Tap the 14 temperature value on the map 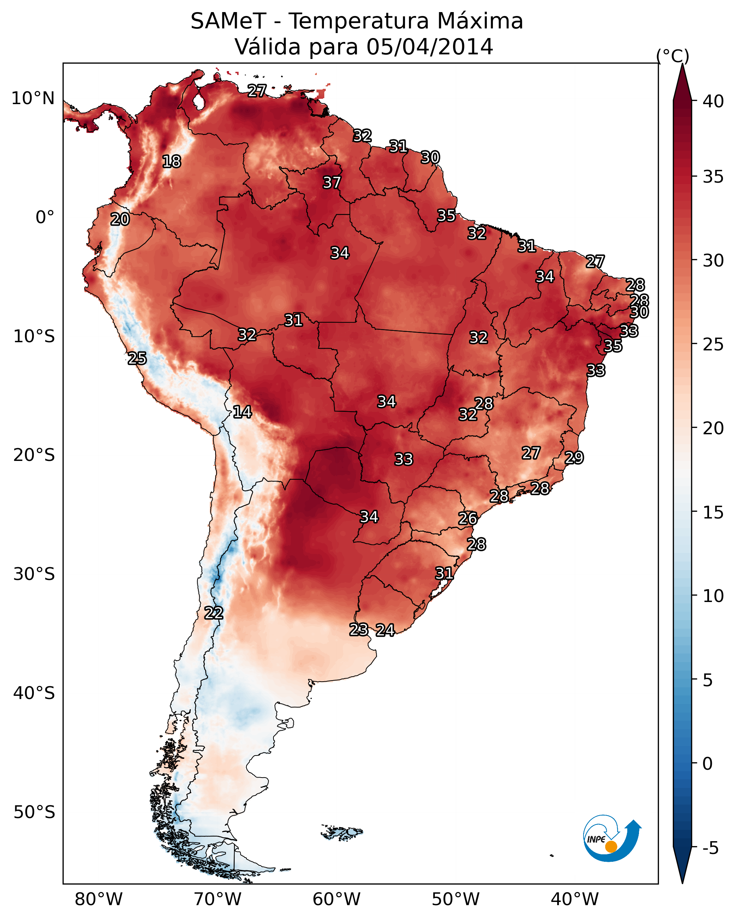click(242, 412)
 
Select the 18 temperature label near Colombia click(171, 162)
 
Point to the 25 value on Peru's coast click(137, 359)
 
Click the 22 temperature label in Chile click(213, 613)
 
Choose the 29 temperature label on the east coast click(574, 458)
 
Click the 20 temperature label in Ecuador click(120, 220)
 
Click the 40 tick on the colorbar click(713, 101)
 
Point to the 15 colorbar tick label click(713, 512)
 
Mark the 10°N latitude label click(33, 98)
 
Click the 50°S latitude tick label click(34, 812)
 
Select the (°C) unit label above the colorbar click(672, 56)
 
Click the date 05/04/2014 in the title click(430, 47)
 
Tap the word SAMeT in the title click(228, 21)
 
